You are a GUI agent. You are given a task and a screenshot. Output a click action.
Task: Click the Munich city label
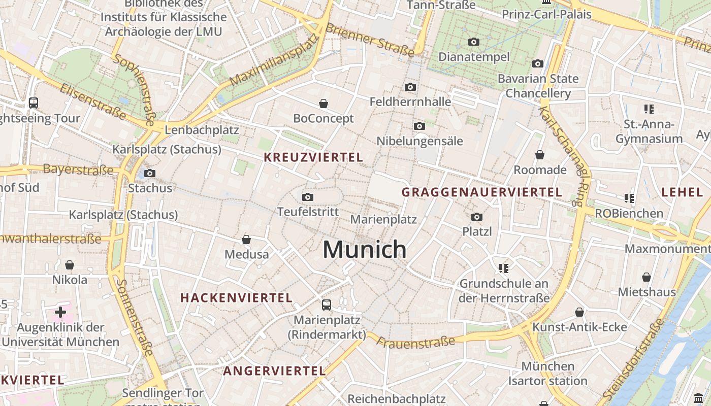[x=365, y=249]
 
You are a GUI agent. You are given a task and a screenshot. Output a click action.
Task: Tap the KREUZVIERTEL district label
[x=313, y=157]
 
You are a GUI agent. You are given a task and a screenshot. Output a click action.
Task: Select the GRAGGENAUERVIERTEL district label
[x=482, y=192]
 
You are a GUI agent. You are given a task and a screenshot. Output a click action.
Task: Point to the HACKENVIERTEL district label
[x=236, y=298]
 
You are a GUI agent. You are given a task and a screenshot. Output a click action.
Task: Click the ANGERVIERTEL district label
[x=274, y=371]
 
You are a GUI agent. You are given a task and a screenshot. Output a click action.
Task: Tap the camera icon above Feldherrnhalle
[x=410, y=87]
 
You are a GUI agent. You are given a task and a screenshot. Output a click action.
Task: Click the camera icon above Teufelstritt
[x=307, y=197]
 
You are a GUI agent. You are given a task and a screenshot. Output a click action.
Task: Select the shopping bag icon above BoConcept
[x=324, y=104]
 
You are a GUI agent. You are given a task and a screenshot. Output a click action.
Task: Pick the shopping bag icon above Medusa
[x=246, y=240]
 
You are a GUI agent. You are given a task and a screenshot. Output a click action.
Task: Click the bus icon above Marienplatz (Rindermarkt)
[x=327, y=305]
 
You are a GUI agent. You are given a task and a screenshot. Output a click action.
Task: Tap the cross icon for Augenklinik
[x=60, y=312]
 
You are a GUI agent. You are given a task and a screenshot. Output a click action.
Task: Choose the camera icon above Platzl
[x=476, y=217]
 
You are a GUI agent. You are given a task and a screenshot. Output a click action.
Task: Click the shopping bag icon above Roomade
[x=540, y=155]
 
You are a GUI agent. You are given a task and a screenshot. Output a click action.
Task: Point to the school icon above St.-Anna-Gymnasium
[x=648, y=109]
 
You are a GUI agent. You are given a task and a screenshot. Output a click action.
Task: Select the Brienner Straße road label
[x=370, y=40]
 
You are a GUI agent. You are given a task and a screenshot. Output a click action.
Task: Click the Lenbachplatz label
[x=202, y=130]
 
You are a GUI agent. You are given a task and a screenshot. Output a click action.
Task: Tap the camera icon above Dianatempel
[x=474, y=42]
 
